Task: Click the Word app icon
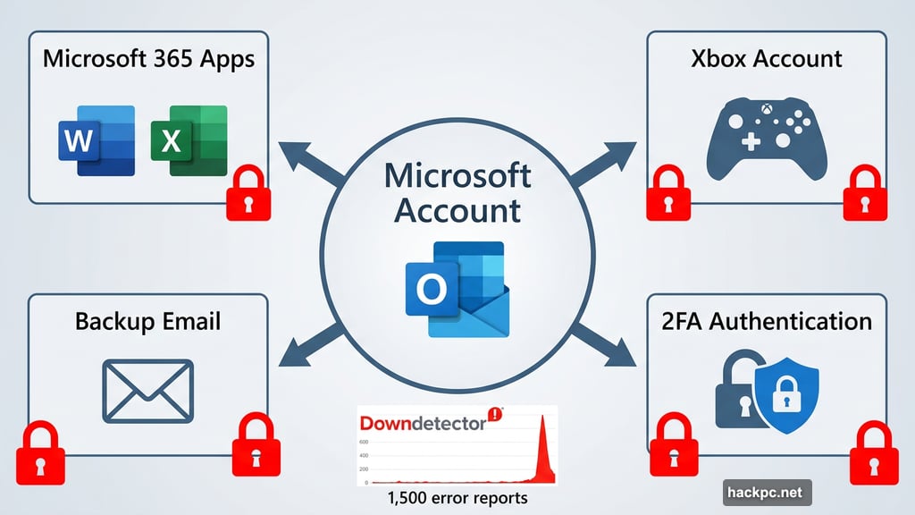point(97,142)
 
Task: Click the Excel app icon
point(189,141)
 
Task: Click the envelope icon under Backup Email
point(147,390)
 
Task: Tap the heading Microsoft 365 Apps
point(148,60)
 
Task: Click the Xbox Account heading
point(766,59)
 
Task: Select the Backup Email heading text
point(147,321)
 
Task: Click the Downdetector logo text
point(422,420)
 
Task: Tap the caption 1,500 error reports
point(457,498)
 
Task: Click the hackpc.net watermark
point(767,491)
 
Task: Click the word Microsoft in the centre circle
point(457,175)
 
